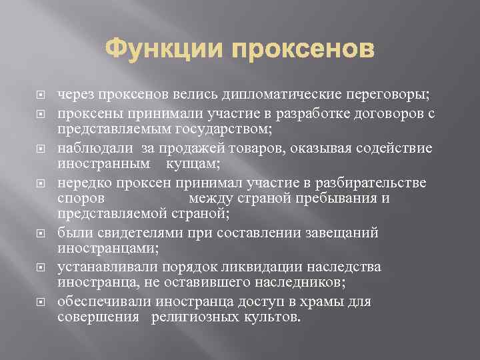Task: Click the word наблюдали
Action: click(x=96, y=148)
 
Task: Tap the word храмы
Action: click(x=327, y=301)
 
